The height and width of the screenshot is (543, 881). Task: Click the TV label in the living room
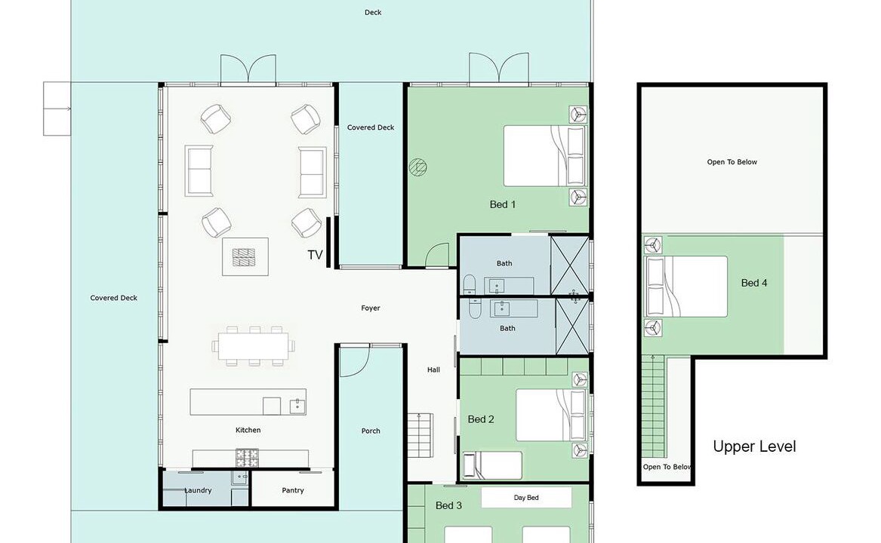316,255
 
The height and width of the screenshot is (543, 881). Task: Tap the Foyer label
371,308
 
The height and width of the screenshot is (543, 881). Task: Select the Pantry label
293,490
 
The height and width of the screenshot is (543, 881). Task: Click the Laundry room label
198,490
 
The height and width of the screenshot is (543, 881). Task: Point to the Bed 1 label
502,204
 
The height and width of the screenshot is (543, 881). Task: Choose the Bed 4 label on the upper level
754,283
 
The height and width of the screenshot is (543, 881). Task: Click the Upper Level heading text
755,446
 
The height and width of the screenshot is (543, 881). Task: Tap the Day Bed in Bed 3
526,498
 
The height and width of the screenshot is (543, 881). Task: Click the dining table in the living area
254,346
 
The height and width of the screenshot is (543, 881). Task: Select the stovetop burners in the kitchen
247,458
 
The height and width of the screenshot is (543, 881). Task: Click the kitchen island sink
297,406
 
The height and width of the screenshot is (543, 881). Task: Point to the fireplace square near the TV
245,256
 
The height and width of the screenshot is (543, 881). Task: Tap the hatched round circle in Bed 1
417,167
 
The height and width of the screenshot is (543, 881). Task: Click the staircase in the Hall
420,435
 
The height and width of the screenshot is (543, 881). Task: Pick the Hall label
433,370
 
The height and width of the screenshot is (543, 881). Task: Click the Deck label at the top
373,12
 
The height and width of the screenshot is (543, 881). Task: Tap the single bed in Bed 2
492,465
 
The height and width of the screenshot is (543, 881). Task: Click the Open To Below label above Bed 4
732,161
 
